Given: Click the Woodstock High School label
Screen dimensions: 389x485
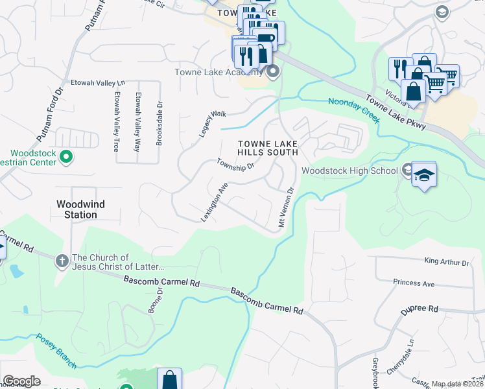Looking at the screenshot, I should click(349, 171).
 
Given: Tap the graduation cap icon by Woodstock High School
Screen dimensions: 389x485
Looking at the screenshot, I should click(424, 174).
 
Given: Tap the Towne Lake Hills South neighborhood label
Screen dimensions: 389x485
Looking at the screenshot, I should click(267, 148).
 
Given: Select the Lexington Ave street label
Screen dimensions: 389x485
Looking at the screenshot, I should click(215, 202).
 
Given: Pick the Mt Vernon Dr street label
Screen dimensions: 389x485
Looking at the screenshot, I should click(286, 207).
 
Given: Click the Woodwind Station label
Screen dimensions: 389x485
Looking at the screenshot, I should click(80, 209).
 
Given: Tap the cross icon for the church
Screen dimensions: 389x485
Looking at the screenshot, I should click(62, 261).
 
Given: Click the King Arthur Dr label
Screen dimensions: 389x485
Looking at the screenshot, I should click(446, 262).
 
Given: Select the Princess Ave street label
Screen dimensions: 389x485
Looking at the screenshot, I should click(414, 283).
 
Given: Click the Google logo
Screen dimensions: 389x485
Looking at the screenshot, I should click(21, 381).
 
